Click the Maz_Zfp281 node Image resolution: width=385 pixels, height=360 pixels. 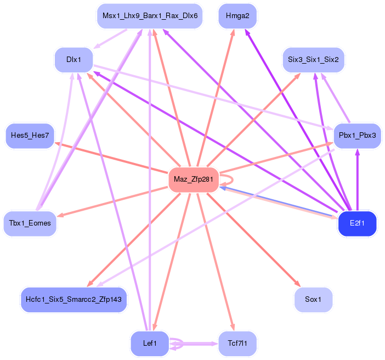[194, 179]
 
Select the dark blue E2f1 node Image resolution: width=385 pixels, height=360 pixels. [358, 223]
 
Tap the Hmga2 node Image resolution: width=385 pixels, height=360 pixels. [237, 16]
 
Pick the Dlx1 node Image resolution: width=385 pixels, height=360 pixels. [73, 60]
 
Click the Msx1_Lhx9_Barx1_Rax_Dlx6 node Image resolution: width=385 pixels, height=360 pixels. [150, 16]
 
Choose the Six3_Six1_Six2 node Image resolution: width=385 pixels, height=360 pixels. [313, 59]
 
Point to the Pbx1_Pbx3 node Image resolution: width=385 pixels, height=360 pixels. [357, 136]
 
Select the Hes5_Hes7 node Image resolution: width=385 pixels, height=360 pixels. [30, 136]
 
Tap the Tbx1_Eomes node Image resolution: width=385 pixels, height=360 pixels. [30, 223]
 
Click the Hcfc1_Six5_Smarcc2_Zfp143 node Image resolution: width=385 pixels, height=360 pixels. [73, 300]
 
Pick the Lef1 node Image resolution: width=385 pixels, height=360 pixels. [150, 344]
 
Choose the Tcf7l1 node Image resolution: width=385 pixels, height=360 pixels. [237, 344]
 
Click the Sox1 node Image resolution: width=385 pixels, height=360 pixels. [313, 300]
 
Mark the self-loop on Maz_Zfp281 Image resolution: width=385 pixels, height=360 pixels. [229, 179]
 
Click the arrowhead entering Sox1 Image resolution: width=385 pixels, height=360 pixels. [298, 284]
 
